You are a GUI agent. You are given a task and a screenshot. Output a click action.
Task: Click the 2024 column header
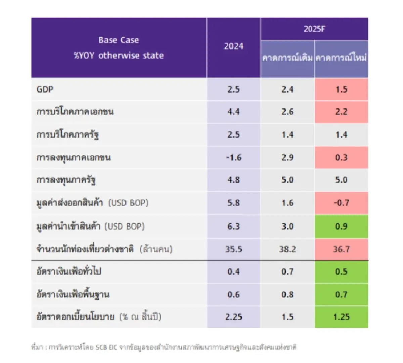pos(233,46)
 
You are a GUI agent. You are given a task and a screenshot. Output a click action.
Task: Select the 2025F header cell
pos(314,29)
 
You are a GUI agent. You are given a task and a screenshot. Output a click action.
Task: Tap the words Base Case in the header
pos(119,40)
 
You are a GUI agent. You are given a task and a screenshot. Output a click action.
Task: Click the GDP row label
pos(45,89)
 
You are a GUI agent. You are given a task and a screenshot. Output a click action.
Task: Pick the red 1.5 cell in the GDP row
pos(341,89)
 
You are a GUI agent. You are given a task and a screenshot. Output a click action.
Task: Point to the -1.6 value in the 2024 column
pos(233,157)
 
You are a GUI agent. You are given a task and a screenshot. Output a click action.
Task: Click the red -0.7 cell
pos(341,203)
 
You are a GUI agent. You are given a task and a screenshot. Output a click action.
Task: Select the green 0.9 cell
pos(341,226)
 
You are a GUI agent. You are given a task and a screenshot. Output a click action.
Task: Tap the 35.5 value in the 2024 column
pos(233,249)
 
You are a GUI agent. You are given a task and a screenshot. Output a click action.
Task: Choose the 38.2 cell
pos(287,249)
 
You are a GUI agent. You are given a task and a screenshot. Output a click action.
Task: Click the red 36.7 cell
pos(341,249)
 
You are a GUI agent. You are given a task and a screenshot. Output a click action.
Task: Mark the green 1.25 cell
pos(341,317)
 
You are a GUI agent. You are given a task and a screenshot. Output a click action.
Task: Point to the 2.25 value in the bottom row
pos(233,317)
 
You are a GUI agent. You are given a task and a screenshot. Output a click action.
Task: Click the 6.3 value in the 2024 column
pos(233,226)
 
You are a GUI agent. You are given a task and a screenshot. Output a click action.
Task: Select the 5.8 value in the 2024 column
pos(233,203)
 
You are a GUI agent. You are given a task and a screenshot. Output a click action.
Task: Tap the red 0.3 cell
pos(341,157)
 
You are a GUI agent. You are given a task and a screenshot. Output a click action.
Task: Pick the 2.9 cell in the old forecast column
pos(287,157)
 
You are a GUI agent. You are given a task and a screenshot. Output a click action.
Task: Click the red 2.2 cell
pos(341,112)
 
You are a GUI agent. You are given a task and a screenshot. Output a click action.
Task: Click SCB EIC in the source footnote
pos(106,347)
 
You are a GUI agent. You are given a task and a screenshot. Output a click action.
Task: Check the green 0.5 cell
pos(341,271)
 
